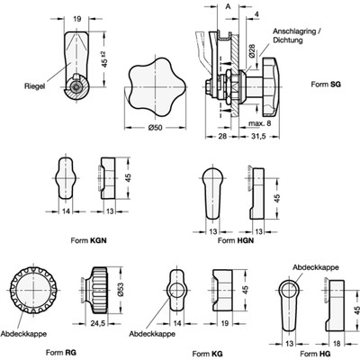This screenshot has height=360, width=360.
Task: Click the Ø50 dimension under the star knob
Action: (x=155, y=128)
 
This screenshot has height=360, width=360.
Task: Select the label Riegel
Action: (x=34, y=86)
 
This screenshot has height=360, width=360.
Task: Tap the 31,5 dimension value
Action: (x=257, y=136)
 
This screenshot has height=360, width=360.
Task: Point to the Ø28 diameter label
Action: (x=252, y=50)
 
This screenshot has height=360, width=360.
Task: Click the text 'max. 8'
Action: (x=260, y=123)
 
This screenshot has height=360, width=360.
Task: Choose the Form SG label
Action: (x=326, y=85)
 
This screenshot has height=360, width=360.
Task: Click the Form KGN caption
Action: (x=88, y=240)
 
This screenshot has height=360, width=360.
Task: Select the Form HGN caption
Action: (x=236, y=240)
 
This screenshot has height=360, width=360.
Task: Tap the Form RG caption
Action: (x=61, y=352)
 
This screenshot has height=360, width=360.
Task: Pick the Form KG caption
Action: (x=207, y=354)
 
